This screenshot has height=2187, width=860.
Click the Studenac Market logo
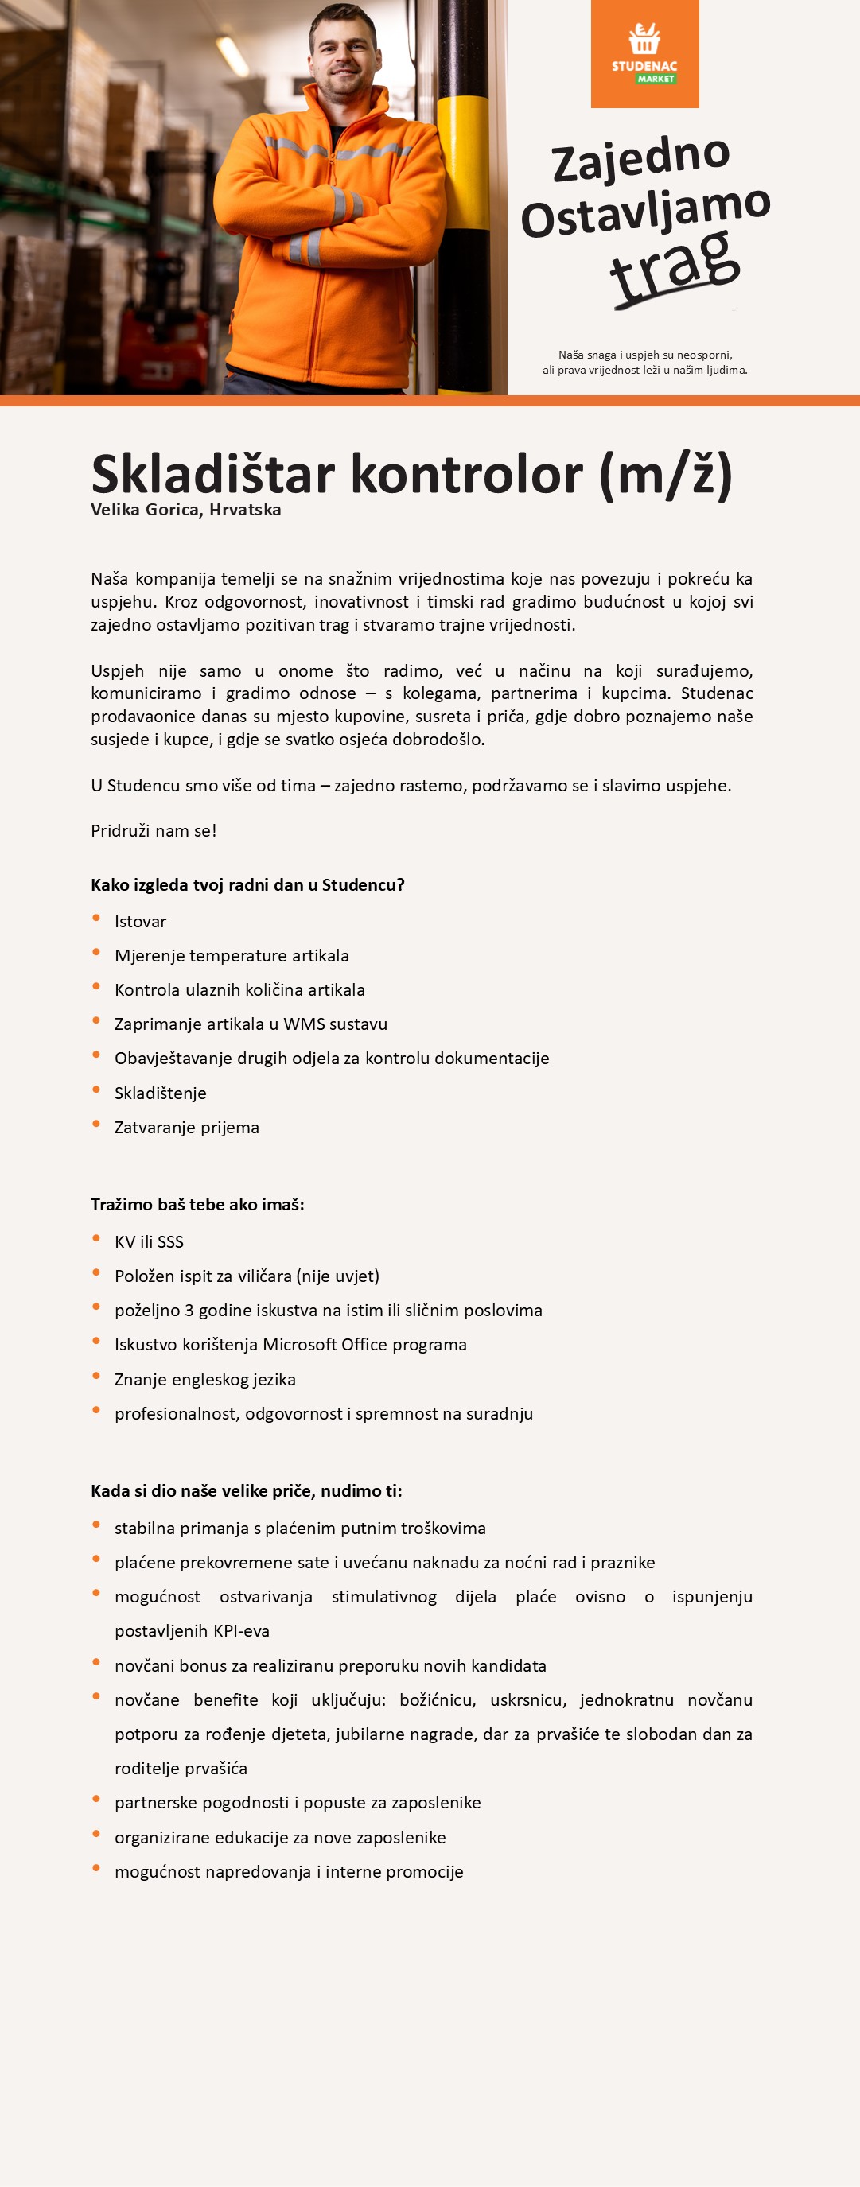[x=644, y=54]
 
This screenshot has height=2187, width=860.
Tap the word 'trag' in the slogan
[x=675, y=266]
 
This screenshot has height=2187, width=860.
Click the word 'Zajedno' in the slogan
[x=641, y=158]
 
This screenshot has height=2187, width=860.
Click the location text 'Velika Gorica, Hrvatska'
[x=186, y=511]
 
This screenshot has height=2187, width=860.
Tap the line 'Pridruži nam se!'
[x=154, y=831]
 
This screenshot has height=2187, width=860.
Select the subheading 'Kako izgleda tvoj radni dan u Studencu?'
[x=247, y=884]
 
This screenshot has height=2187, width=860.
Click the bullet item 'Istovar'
[x=140, y=922]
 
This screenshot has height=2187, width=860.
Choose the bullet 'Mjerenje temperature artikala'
[x=232, y=956]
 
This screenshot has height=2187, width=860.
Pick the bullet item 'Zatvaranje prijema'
[x=187, y=1128]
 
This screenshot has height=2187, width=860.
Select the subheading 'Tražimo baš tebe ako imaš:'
[x=197, y=1205]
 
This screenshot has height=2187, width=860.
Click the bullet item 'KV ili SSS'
[x=149, y=1242]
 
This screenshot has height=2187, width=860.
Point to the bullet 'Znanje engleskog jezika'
[x=204, y=1380]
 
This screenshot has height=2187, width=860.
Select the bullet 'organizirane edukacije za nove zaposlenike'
[x=280, y=1837]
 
